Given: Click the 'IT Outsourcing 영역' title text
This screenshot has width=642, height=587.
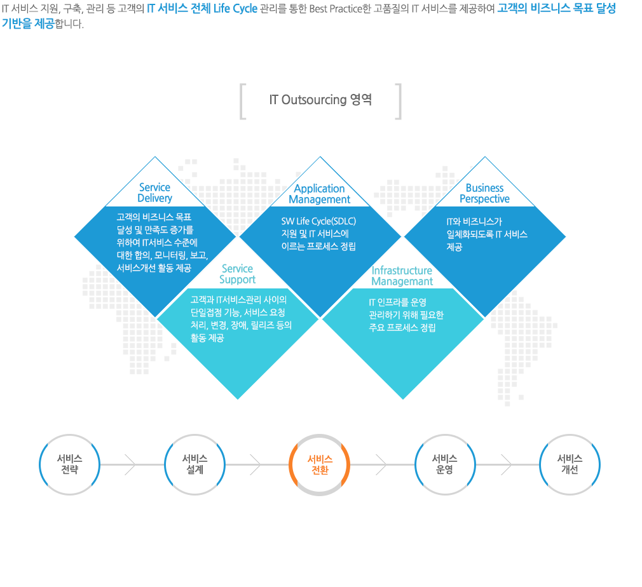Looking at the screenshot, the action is tap(320, 100).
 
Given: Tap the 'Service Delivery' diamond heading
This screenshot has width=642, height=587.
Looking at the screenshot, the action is tap(154, 192).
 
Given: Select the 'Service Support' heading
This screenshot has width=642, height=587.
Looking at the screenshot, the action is tap(238, 274).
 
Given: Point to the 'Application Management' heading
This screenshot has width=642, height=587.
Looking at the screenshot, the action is tap(319, 194).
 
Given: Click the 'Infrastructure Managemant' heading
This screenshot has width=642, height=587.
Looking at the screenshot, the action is tap(402, 276).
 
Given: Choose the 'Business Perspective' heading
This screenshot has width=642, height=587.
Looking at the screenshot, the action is tap(485, 193).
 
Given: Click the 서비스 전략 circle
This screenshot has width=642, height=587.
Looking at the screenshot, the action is tap(70, 464).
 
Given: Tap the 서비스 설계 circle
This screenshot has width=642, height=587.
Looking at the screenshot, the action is tap(195, 464).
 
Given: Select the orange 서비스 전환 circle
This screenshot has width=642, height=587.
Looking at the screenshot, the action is tap(320, 464).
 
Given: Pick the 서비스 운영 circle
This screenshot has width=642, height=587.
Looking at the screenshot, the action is tap(445, 464).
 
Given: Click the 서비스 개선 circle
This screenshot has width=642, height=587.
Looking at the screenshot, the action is tap(570, 464).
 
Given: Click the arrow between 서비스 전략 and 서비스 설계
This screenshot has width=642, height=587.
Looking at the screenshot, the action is tap(132, 464).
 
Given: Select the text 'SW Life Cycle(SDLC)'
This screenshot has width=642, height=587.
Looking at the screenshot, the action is tap(318, 221).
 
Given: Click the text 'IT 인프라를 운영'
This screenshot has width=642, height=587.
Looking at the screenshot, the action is tap(397, 302).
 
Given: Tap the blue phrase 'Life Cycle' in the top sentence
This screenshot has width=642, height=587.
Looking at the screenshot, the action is tap(235, 9).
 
